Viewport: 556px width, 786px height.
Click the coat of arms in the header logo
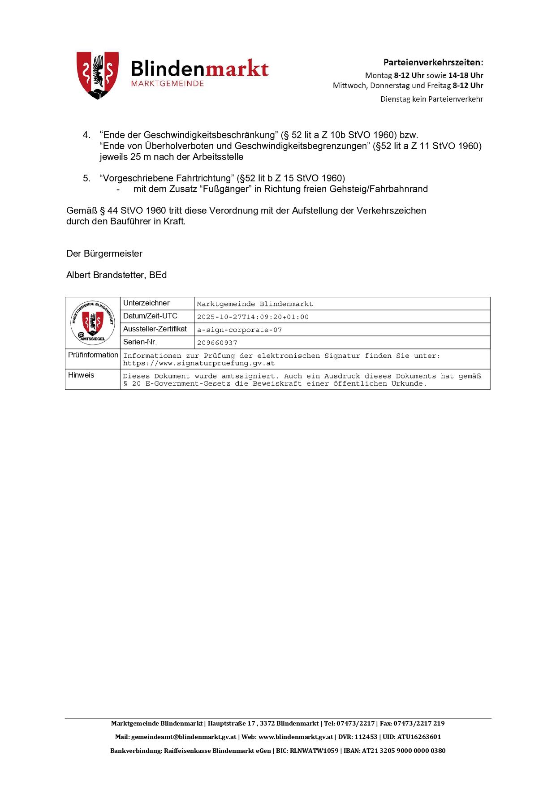(x=98, y=75)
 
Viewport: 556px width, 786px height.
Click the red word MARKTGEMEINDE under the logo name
(x=167, y=84)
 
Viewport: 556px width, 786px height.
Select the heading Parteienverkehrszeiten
(x=433, y=62)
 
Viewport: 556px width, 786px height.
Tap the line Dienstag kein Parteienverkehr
(x=431, y=99)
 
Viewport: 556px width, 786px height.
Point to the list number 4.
(x=86, y=135)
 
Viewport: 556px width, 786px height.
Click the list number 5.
(x=86, y=178)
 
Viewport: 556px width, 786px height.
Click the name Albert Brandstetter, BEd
(x=116, y=275)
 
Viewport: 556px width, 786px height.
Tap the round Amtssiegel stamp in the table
(x=93, y=322)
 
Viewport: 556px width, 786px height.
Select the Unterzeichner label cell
(x=147, y=303)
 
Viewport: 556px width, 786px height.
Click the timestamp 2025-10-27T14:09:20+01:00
(x=253, y=317)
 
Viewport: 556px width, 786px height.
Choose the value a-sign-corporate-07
(x=240, y=330)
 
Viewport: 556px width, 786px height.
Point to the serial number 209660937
(x=217, y=343)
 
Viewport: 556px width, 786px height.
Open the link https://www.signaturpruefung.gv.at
(x=199, y=363)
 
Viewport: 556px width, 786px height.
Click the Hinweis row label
(x=81, y=375)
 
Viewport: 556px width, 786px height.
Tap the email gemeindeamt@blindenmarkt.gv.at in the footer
(x=183, y=737)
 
